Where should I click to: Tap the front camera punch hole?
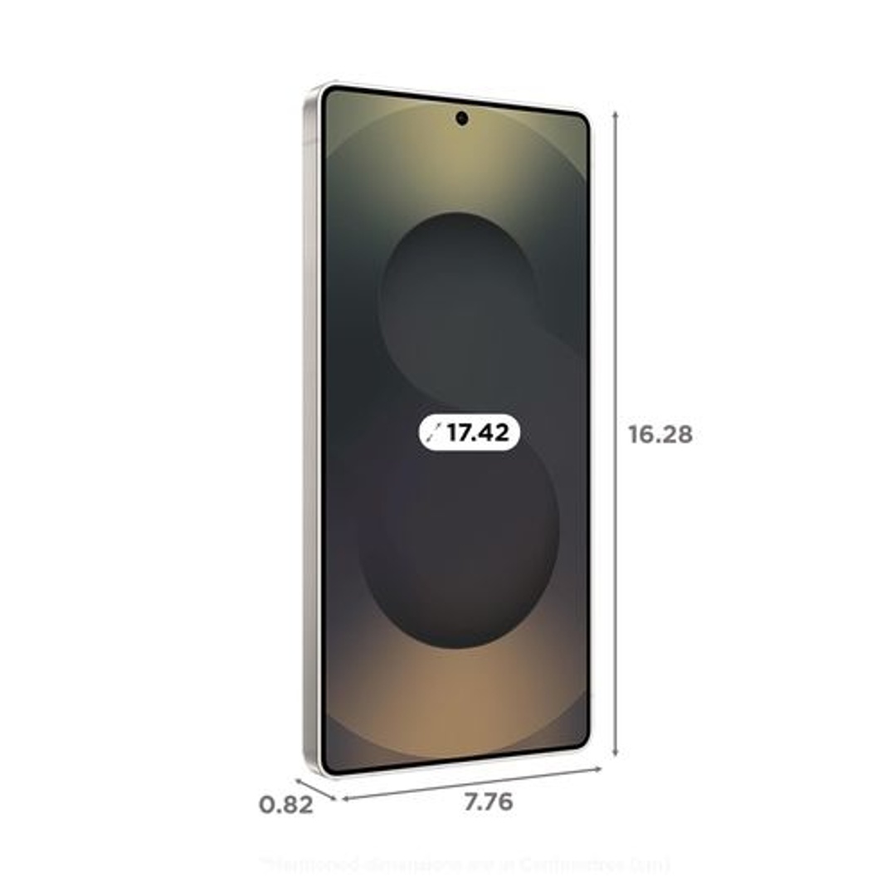point(461,118)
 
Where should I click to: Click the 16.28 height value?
point(660,434)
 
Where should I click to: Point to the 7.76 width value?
point(488,802)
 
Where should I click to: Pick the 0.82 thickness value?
point(286,805)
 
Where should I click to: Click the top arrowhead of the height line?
point(615,114)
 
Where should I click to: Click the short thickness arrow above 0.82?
point(315,789)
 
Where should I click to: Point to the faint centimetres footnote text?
point(465,864)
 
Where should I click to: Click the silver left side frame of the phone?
point(312,431)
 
